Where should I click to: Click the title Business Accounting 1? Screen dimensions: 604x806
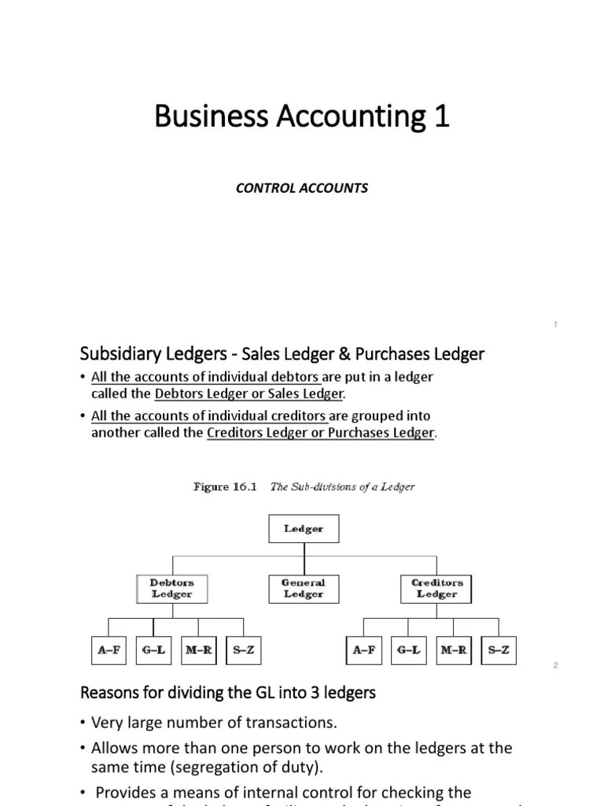click(x=302, y=116)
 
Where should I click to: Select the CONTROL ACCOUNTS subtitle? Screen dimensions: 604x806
click(x=302, y=188)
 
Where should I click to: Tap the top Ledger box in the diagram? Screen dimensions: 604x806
click(x=304, y=529)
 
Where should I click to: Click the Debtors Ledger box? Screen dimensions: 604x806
click(x=171, y=589)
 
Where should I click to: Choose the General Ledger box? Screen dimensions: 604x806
click(x=304, y=589)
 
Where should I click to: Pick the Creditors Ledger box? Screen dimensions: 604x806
click(x=436, y=589)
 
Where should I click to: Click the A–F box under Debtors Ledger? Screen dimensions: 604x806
click(x=109, y=650)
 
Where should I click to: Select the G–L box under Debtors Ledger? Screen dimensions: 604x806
click(x=153, y=650)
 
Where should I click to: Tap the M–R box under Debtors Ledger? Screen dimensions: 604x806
click(x=198, y=650)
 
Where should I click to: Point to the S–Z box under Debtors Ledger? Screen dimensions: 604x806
click(x=243, y=650)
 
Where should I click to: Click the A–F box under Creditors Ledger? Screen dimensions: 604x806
click(x=364, y=650)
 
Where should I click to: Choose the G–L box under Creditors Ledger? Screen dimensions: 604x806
click(x=409, y=650)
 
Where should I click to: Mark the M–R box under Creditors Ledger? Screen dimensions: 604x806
click(x=454, y=650)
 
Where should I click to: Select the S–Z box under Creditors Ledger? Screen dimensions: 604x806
click(x=499, y=650)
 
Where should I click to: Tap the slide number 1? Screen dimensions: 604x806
click(x=555, y=324)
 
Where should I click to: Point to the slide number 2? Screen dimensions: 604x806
click(x=555, y=665)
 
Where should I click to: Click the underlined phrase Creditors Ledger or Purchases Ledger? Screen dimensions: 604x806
click(x=320, y=433)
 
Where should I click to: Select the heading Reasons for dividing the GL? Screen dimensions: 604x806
click(x=228, y=693)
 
